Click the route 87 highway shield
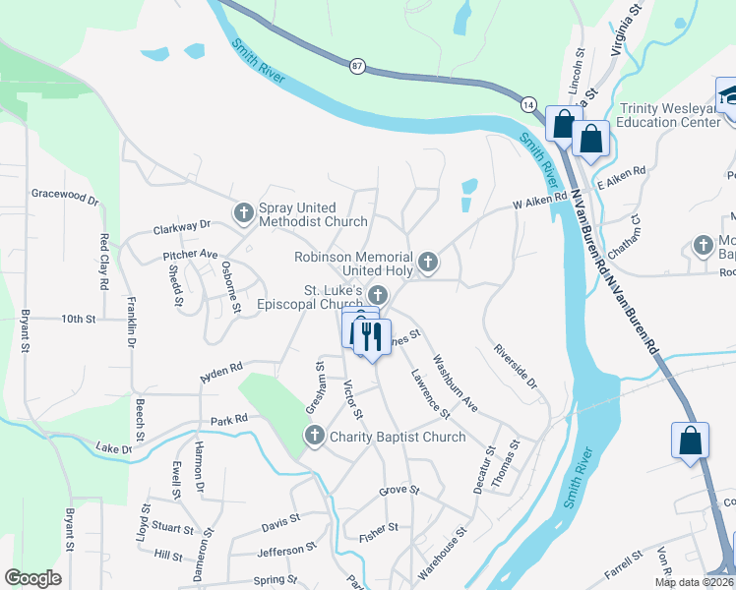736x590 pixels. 356,65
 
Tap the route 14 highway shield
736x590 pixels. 528,104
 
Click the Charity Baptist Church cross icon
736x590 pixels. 315,436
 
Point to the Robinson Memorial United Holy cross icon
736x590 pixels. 427,262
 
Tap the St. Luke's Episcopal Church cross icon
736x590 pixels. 377,294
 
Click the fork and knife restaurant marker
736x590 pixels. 372,336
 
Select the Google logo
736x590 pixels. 32,578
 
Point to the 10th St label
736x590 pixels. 78,320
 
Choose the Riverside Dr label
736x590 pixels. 517,365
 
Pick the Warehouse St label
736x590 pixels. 439,557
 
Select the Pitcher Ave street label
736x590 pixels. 190,254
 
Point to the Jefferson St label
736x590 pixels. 286,552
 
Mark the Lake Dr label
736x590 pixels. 114,448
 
